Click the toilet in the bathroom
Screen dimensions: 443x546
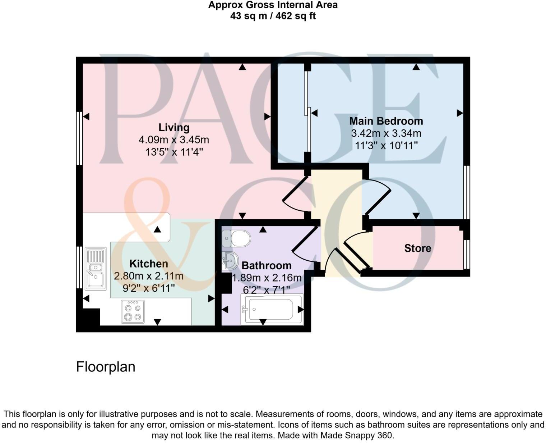(237, 238)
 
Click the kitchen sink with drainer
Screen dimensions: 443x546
(96, 268)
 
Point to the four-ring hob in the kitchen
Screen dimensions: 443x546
(133, 312)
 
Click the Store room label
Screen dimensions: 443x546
(417, 248)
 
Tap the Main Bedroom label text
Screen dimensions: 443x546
(386, 121)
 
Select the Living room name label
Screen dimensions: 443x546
(174, 127)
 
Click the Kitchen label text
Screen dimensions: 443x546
(149, 264)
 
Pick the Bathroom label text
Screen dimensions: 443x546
(267, 266)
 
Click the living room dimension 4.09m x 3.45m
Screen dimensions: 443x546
(174, 140)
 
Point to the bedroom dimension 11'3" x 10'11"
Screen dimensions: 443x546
(386, 146)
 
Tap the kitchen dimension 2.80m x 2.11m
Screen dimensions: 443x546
(149, 276)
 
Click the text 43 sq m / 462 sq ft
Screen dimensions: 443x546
(273, 16)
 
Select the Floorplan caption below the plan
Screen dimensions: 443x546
(106, 367)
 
